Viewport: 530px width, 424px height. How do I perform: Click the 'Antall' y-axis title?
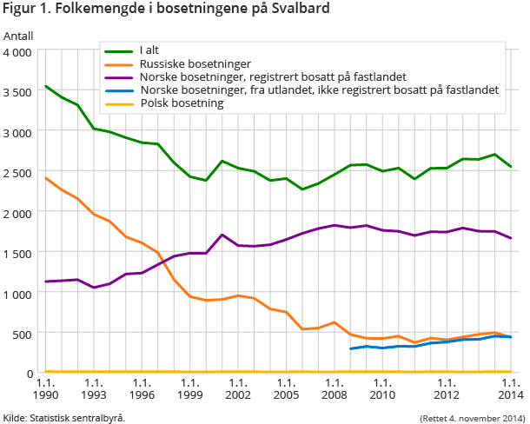[18, 36]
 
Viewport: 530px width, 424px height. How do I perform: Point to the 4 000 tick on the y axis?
[18, 52]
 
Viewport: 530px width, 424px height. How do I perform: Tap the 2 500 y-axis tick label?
[18, 173]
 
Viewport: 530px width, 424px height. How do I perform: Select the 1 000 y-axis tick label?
[18, 294]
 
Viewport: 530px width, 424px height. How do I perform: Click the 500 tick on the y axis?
[23, 334]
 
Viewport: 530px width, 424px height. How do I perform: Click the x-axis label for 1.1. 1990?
[45, 388]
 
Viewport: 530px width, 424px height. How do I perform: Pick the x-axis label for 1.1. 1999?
[189, 388]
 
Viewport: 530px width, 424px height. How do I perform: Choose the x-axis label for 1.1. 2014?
[511, 388]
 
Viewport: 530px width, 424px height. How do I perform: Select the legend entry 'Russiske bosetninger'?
[195, 63]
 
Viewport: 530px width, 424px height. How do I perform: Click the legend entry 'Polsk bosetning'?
[182, 103]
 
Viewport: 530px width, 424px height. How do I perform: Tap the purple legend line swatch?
[119, 76]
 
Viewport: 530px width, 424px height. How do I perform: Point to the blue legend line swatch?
[119, 89]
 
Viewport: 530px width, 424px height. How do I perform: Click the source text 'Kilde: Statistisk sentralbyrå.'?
[64, 417]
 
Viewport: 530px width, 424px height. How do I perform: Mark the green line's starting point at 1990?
[45, 86]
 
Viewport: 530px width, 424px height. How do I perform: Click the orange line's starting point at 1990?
[45, 178]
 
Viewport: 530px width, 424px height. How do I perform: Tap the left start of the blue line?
[350, 348]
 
